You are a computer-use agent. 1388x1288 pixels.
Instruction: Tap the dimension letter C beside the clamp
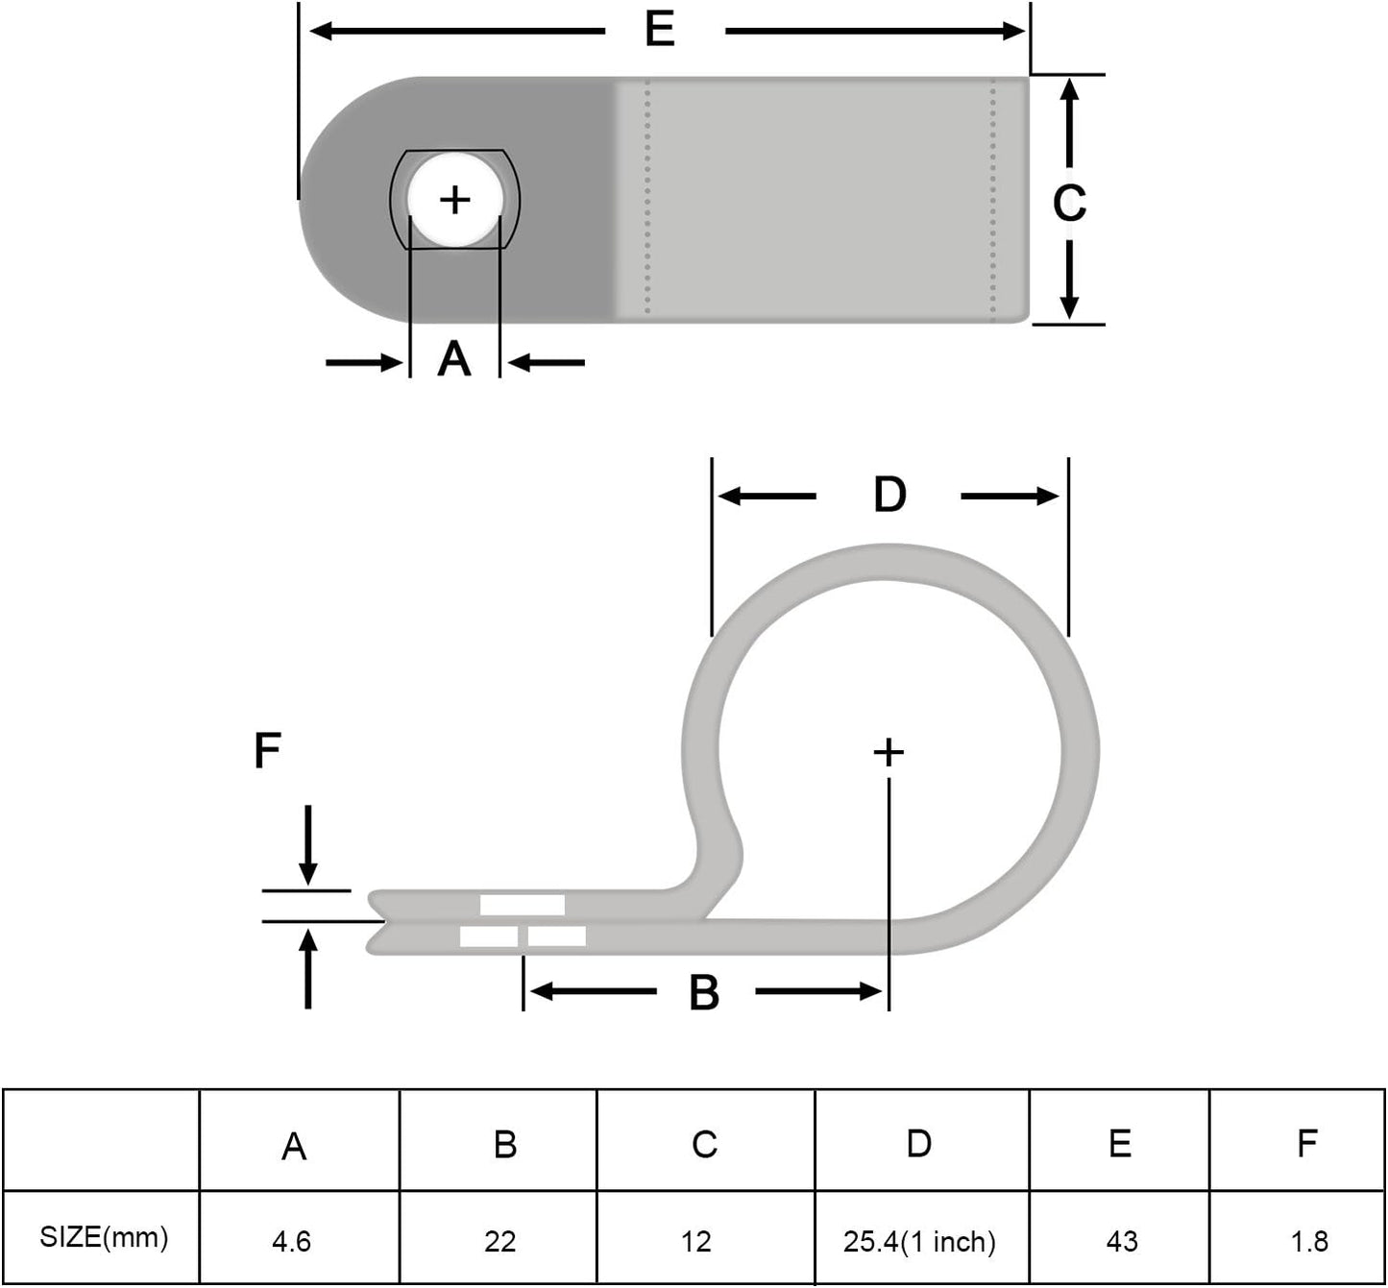pyautogui.click(x=1068, y=203)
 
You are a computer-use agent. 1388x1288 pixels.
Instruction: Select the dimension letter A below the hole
pyautogui.click(x=454, y=360)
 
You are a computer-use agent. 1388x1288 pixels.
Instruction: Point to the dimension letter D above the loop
pyautogui.click(x=889, y=495)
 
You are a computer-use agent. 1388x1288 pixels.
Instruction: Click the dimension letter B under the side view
pyautogui.click(x=704, y=992)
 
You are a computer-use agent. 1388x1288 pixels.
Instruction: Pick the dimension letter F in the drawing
pyautogui.click(x=267, y=750)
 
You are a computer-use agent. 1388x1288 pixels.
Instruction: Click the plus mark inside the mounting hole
pyautogui.click(x=454, y=200)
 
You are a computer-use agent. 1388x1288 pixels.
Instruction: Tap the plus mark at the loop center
pyautogui.click(x=889, y=752)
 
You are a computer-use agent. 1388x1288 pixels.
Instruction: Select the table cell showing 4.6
pyautogui.click(x=291, y=1241)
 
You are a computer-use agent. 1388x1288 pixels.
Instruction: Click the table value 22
pyautogui.click(x=500, y=1241)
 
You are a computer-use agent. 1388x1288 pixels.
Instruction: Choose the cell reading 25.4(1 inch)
pyautogui.click(x=919, y=1241)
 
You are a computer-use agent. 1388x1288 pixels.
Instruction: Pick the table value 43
pyautogui.click(x=1121, y=1241)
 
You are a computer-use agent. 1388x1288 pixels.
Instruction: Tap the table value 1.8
pyautogui.click(x=1308, y=1241)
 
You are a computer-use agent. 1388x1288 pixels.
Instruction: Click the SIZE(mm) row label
pyautogui.click(x=104, y=1237)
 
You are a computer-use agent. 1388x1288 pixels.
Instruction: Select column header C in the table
pyautogui.click(x=704, y=1144)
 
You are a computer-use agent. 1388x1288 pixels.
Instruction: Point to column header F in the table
pyautogui.click(x=1306, y=1143)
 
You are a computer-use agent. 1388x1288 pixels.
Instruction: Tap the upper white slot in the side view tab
pyautogui.click(x=523, y=905)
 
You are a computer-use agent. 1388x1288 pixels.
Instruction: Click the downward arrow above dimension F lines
pyautogui.click(x=307, y=845)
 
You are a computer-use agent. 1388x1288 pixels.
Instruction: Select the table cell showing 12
pyautogui.click(x=696, y=1241)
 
